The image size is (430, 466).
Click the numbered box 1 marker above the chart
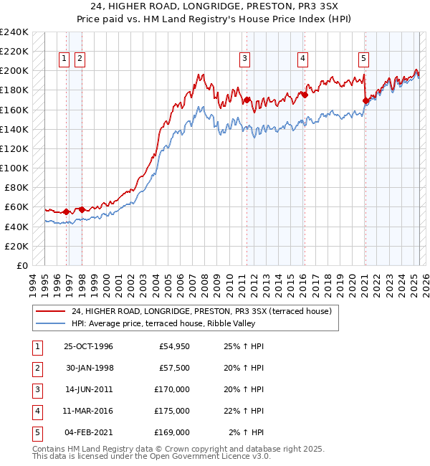64,59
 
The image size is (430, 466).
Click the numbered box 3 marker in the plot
245,59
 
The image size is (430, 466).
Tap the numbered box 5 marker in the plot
364,59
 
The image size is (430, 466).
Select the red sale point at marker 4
305,94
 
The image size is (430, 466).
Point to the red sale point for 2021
365,100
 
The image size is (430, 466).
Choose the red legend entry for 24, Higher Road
201,311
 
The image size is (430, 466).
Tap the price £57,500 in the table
172,368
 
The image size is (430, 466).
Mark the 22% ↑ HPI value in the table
244,411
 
